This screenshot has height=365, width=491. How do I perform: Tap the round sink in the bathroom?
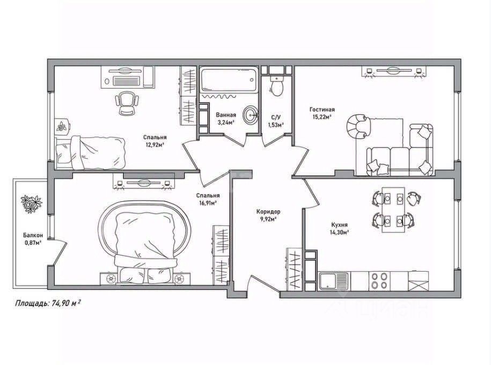(250, 115)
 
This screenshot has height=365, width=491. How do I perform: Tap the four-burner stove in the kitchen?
(380, 280)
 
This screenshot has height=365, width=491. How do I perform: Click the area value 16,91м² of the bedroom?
(206, 203)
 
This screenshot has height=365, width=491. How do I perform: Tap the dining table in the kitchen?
(392, 209)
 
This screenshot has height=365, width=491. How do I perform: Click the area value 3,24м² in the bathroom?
(225, 122)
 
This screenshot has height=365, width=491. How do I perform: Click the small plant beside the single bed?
(63, 127)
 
